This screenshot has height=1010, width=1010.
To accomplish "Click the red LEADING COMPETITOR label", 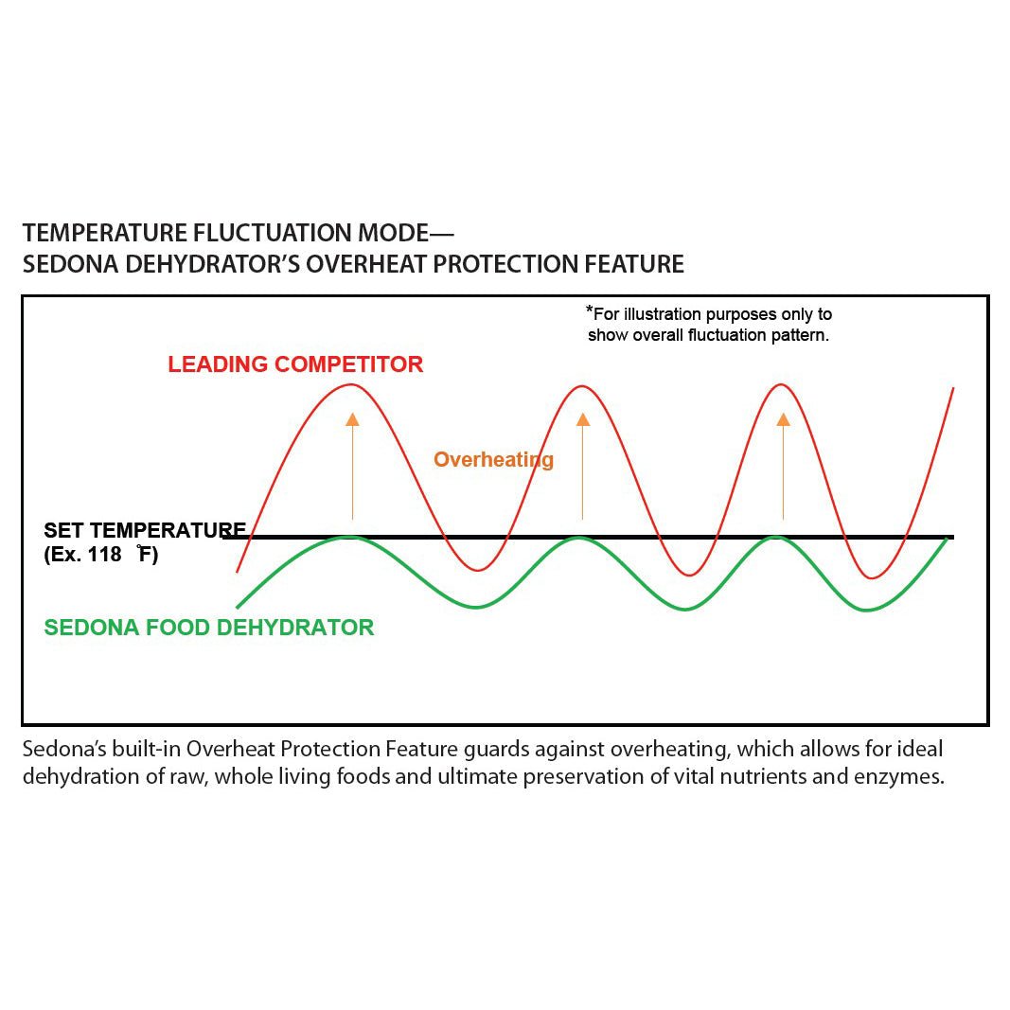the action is [295, 364].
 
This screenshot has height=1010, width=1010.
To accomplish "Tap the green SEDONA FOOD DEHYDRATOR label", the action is [208, 628].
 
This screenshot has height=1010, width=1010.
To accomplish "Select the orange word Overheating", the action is [493, 460].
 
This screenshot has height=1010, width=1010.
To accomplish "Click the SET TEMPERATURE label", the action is [145, 530].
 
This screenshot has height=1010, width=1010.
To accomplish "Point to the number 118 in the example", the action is [105, 554].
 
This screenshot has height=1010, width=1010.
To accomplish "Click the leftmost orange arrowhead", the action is [352, 420].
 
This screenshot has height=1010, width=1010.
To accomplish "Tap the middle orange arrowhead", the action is [583, 420].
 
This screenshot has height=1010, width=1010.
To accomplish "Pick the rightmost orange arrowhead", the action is [783, 420].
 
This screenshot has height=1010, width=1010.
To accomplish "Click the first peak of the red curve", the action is [350, 385].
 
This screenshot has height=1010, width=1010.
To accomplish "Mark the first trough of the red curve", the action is [477, 570].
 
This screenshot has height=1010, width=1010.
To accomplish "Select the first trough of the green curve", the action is [475, 607].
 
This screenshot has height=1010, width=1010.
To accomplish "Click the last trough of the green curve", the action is [867, 610].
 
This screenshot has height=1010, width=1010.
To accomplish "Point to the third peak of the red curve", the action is [781, 385].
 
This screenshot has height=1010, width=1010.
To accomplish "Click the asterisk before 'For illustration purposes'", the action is [589, 310].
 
